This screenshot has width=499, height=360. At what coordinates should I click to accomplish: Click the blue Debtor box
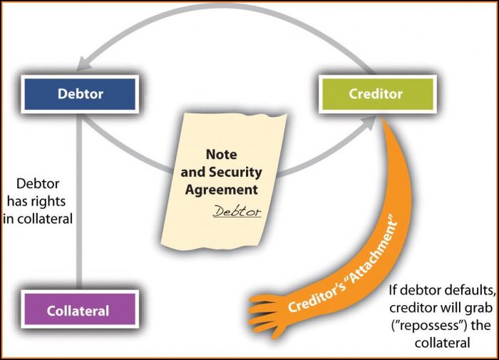click(80, 94)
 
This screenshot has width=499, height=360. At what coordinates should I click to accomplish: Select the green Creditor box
click(377, 94)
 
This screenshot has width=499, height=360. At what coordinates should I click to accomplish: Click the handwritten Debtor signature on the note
click(237, 211)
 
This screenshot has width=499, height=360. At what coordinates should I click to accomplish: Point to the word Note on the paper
click(222, 155)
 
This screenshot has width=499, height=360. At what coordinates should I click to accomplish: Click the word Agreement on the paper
click(222, 190)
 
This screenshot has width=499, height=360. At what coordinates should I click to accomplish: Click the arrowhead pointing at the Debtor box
click(83, 63)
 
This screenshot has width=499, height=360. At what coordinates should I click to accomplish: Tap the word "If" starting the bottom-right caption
click(393, 290)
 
